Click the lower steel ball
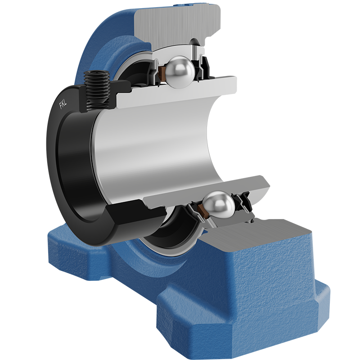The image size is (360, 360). click(x=219, y=205)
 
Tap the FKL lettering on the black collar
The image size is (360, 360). click(x=63, y=104)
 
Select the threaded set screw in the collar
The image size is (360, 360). click(x=96, y=90)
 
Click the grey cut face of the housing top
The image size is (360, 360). click(x=177, y=25)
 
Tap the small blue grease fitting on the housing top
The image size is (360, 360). click(x=184, y=4)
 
